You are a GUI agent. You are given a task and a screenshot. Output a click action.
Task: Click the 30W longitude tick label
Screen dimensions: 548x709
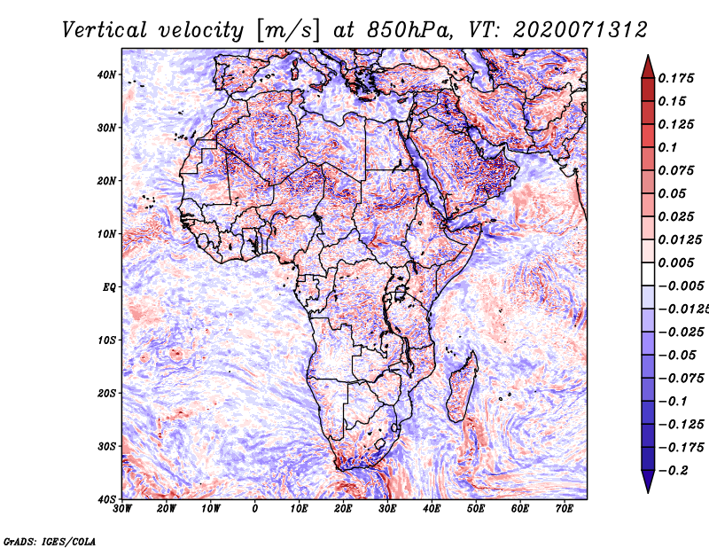(x=122, y=509)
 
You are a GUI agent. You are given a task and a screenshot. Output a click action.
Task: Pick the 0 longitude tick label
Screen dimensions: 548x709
(x=255, y=509)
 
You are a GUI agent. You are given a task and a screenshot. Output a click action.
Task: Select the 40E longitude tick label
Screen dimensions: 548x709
(x=432, y=509)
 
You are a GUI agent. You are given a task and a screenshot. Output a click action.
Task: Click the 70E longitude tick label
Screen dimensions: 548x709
(x=565, y=509)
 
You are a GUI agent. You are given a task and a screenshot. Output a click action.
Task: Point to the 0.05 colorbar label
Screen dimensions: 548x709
(x=670, y=193)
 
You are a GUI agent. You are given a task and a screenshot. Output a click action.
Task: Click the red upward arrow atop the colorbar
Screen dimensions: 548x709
(x=647, y=65)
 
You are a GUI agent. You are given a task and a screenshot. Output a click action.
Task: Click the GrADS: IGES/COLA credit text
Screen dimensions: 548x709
(x=51, y=540)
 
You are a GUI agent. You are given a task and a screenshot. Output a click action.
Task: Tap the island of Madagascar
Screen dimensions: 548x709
(x=462, y=390)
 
